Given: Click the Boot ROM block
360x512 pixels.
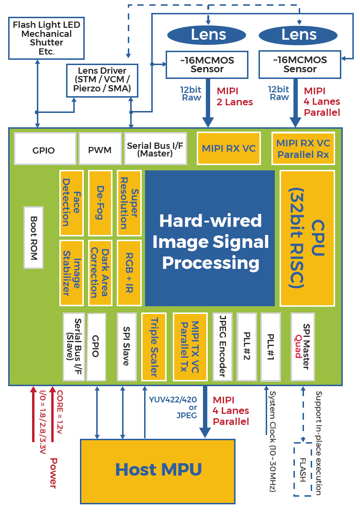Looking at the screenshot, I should pyautogui.click(x=34, y=237).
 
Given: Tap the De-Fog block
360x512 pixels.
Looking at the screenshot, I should pyautogui.click(x=100, y=202).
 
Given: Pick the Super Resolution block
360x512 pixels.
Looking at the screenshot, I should pyautogui.click(x=129, y=202).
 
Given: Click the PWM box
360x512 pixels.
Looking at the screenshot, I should pyautogui.click(x=100, y=149).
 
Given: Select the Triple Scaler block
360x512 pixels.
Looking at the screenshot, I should pyautogui.click(x=154, y=346).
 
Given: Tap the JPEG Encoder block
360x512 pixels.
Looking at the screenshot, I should pyautogui.click(x=223, y=346).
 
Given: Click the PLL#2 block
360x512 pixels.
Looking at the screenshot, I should pyautogui.click(x=247, y=346).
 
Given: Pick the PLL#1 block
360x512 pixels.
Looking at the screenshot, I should pyautogui.click(x=270, y=346).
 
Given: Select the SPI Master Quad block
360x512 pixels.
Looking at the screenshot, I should pyautogui.click(x=303, y=346).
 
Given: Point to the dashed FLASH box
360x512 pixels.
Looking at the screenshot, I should pyautogui.click(x=303, y=469).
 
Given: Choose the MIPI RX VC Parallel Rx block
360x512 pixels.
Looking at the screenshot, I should pyautogui.click(x=303, y=148).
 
